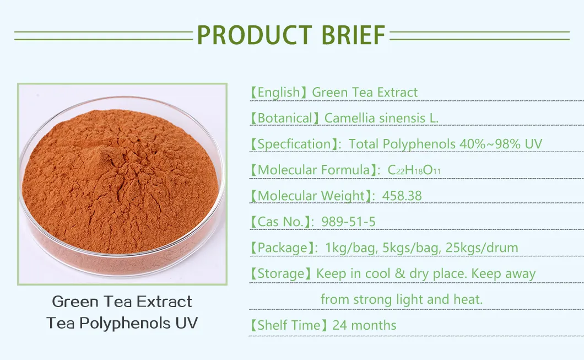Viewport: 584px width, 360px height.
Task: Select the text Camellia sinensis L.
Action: click(381, 119)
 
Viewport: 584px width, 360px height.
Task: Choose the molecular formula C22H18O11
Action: click(414, 170)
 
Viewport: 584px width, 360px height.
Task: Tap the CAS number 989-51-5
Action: click(342, 222)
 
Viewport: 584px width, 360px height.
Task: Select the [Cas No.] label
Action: click(278, 222)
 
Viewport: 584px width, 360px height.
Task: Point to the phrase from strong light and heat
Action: click(401, 299)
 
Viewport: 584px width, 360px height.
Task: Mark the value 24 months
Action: click(364, 325)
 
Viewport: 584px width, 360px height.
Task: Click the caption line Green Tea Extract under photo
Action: click(122, 302)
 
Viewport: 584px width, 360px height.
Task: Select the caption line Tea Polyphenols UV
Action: click(122, 323)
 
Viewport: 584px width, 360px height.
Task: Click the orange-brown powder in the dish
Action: click(118, 182)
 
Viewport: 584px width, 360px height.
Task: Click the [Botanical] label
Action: click(285, 119)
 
